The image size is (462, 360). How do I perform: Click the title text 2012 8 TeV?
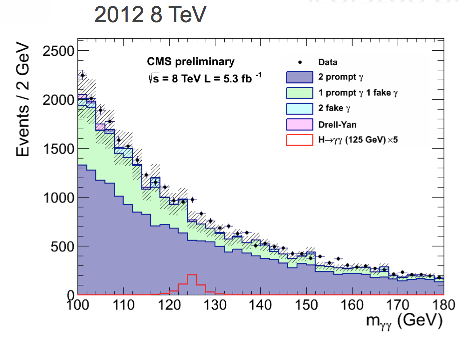150,16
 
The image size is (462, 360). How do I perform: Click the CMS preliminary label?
190,62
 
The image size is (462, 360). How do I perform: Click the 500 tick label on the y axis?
64,246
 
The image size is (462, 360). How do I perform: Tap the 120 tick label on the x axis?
169,304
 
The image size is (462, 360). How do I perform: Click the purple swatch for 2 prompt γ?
299,77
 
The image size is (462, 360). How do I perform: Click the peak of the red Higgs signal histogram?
192,275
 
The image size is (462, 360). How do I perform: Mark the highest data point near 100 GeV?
82,75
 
